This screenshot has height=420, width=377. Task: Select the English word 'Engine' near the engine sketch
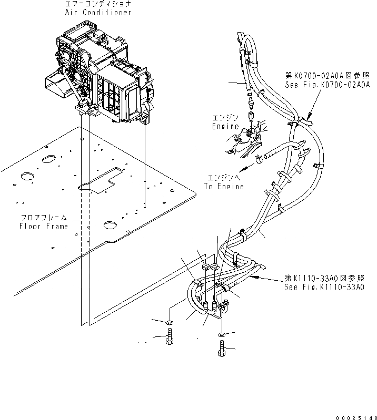(225, 127)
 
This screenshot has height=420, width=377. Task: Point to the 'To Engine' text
(224, 187)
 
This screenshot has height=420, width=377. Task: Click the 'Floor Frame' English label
(43, 226)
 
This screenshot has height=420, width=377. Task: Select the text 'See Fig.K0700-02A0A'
(327, 84)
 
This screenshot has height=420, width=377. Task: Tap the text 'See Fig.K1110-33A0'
(325, 288)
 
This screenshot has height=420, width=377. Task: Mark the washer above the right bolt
(221, 334)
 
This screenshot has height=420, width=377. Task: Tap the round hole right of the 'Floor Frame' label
(110, 225)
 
